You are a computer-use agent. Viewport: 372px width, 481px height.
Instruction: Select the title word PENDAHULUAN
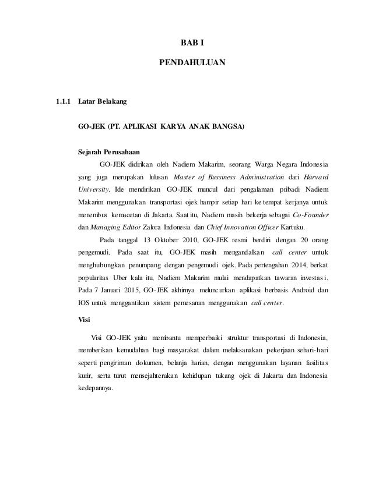pos(192,61)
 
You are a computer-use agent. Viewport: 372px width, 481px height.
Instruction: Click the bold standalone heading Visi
pos(84,320)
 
